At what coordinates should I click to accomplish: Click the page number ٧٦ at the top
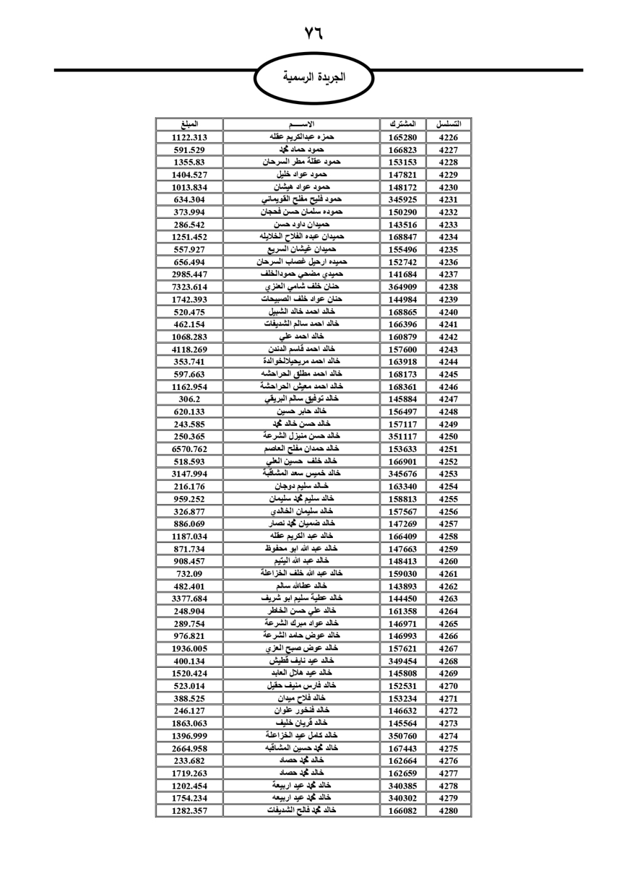pyautogui.click(x=313, y=33)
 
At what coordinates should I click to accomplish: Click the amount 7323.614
pyautogui.click(x=189, y=287)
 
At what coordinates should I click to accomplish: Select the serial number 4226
pyautogui.click(x=448, y=137)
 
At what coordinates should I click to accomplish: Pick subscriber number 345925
pyautogui.click(x=403, y=199)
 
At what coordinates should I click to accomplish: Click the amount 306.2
pyautogui.click(x=189, y=399)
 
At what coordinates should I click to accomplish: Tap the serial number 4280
pyautogui.click(x=448, y=811)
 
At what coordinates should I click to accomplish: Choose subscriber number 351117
pyautogui.click(x=403, y=436)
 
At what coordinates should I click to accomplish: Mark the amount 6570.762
pyautogui.click(x=189, y=449)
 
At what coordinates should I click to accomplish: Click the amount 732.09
pyautogui.click(x=189, y=574)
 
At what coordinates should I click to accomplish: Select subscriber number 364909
pyautogui.click(x=403, y=287)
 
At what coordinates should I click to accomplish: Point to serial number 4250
pyautogui.click(x=448, y=436)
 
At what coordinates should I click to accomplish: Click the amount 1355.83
pyautogui.click(x=189, y=162)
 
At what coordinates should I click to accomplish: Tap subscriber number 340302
pyautogui.click(x=403, y=798)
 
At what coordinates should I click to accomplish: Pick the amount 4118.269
pyautogui.click(x=189, y=349)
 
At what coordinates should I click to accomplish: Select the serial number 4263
pyautogui.click(x=448, y=599)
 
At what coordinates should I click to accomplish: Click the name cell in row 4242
pyautogui.click(x=302, y=337)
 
